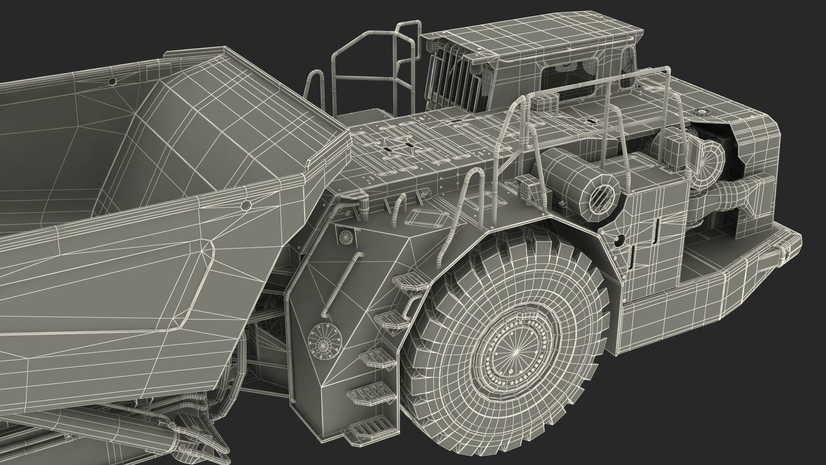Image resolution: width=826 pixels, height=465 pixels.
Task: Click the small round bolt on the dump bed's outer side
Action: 247,205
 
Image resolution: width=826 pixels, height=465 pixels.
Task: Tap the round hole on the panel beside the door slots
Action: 619,239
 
